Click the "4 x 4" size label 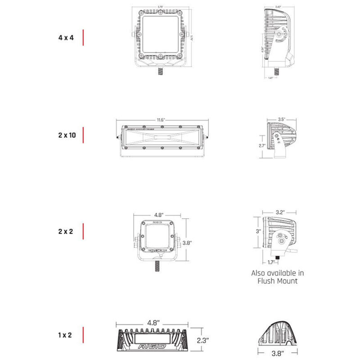(x=66, y=38)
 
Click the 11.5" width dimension (x=162, y=120)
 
